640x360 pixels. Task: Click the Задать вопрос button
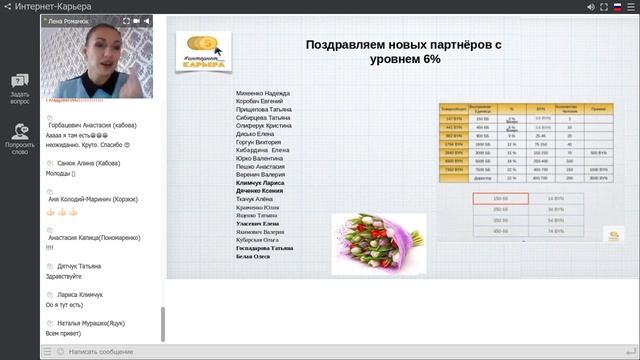(19, 90)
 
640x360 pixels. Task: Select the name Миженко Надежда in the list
(263, 92)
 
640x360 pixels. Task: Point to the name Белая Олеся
(254, 256)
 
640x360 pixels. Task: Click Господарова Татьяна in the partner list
(265, 247)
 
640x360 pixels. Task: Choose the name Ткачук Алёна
(256, 199)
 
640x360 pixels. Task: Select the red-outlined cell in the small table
(500, 199)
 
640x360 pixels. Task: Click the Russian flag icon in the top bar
(617, 6)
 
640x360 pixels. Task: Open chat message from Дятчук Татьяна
(79, 267)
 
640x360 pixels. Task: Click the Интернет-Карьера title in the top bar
(51, 7)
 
